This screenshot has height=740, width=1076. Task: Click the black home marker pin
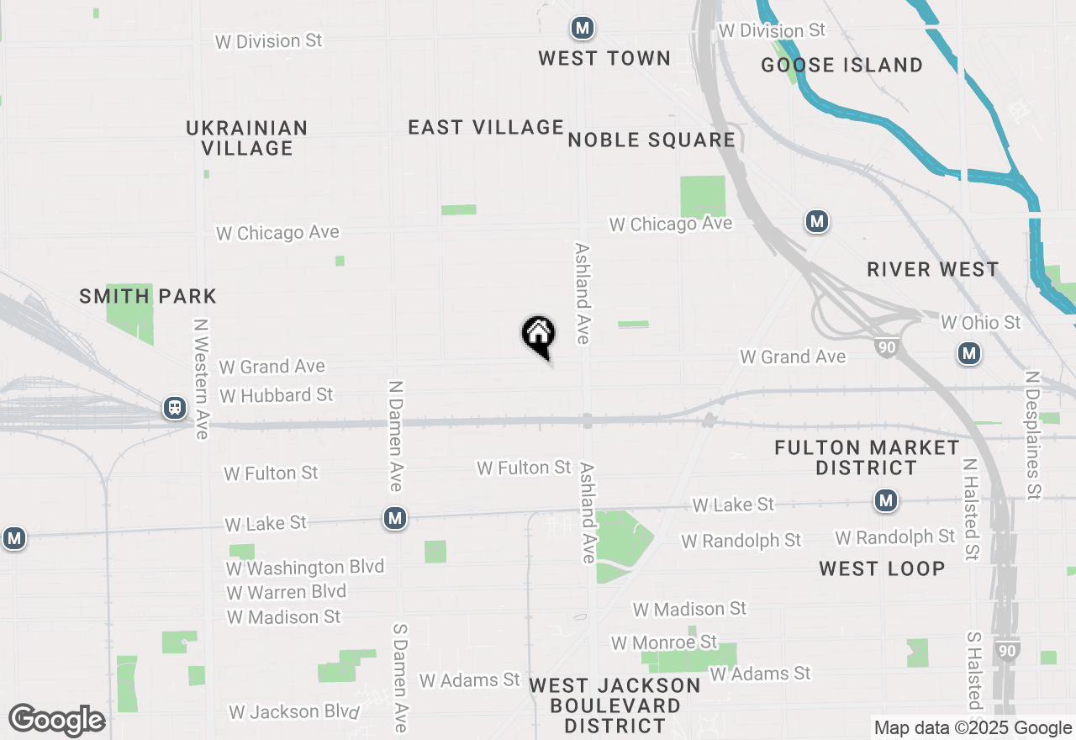(538, 336)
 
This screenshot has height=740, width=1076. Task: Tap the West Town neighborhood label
(604, 58)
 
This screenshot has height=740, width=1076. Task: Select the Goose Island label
(841, 65)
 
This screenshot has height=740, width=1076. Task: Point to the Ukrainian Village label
(247, 138)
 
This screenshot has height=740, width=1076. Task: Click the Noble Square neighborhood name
(651, 140)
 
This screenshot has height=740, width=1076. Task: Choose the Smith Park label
(148, 296)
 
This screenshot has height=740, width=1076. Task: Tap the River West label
(933, 269)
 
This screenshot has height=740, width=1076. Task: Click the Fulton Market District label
(867, 457)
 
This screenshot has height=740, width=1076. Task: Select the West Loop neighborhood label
(882, 568)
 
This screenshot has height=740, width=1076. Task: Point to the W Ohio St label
(980, 322)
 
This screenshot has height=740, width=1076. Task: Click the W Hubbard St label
(276, 394)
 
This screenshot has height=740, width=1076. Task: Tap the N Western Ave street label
(200, 378)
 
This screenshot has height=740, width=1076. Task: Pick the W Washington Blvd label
(304, 568)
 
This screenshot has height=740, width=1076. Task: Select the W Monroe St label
(664, 642)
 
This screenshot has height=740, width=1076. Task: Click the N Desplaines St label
(1033, 435)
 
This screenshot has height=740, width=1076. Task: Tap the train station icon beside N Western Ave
(175, 408)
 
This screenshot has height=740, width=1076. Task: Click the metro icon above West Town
(582, 28)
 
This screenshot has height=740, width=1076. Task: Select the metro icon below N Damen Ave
(395, 518)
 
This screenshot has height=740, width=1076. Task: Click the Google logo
(57, 721)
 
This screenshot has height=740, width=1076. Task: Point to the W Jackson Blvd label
(293, 711)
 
